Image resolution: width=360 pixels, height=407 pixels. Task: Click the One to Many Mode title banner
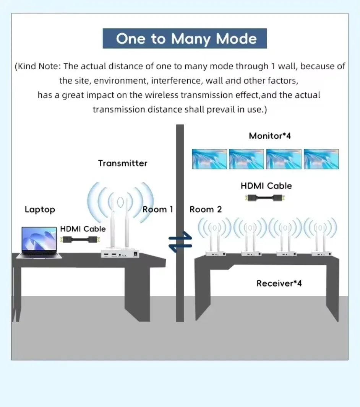pyautogui.click(x=185, y=39)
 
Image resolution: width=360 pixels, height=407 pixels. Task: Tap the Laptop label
pyautogui.click(x=40, y=209)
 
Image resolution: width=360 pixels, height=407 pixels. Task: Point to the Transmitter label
pyautogui.click(x=122, y=163)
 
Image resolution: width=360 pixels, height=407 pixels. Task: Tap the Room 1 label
pyautogui.click(x=158, y=209)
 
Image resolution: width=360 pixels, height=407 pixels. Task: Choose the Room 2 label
pyautogui.click(x=206, y=209)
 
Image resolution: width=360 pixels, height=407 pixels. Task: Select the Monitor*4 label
pyautogui.click(x=269, y=136)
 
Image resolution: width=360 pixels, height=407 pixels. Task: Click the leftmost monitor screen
pyautogui.click(x=209, y=159)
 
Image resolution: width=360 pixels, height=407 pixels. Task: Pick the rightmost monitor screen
pyautogui.click(x=321, y=159)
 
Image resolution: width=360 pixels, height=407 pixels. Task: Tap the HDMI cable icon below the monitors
pyautogui.click(x=265, y=198)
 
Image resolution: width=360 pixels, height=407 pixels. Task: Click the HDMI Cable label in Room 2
pyautogui.click(x=266, y=186)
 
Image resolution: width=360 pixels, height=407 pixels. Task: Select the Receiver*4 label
pyautogui.click(x=279, y=283)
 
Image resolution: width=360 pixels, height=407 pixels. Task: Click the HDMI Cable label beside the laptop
pyautogui.click(x=83, y=229)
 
